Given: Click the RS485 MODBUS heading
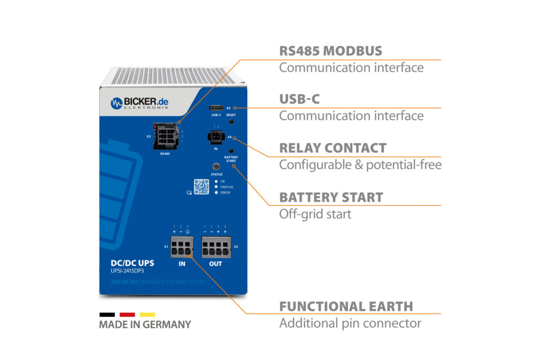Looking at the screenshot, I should coord(331,51).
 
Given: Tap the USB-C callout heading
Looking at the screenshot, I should coord(300,99).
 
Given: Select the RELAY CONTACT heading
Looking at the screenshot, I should coord(333,148).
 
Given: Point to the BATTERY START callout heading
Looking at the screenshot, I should coord(331,198).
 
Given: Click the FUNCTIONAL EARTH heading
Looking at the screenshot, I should coord(346,306).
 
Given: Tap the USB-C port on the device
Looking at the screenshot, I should coord(216,106).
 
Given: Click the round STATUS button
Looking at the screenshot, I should coord(216,166).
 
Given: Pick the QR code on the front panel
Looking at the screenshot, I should coord(201,187).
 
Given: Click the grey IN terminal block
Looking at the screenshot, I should coord(181,247).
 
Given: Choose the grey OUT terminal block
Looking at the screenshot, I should coord(216,247).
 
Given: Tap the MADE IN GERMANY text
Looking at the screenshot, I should coord(145,325).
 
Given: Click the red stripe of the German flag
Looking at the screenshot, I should coord(127,315).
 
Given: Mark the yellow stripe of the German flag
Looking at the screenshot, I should coord(147,315).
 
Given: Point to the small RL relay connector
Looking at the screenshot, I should coord(216,137).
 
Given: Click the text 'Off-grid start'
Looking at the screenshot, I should coord(315,214).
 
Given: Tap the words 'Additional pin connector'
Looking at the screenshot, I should coord(350,323).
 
